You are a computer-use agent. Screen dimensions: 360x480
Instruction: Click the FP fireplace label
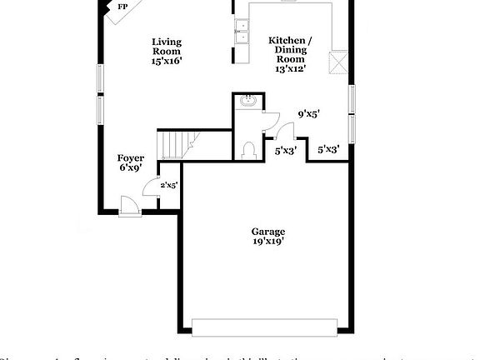click(x=122, y=7)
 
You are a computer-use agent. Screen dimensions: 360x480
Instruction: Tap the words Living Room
click(x=166, y=47)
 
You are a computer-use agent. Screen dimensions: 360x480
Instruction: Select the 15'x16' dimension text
click(x=166, y=61)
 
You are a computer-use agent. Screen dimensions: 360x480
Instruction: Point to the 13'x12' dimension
click(x=291, y=69)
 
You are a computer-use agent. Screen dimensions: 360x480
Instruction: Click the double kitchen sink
click(x=242, y=32)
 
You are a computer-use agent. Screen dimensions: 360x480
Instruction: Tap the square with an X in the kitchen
click(x=339, y=62)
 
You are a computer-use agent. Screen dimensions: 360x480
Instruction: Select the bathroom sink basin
click(x=248, y=102)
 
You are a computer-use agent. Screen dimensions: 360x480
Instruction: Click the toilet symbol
click(x=248, y=149)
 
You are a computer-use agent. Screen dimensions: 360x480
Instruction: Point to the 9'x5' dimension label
click(x=309, y=115)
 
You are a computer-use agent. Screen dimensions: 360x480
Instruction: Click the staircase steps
click(x=176, y=145)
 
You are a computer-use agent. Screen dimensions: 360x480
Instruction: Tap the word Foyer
click(x=130, y=157)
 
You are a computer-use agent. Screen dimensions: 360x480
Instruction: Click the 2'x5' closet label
click(x=168, y=185)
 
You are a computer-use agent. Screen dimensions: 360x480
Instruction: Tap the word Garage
click(x=268, y=231)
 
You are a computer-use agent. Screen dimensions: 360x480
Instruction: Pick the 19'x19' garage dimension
click(x=268, y=242)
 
